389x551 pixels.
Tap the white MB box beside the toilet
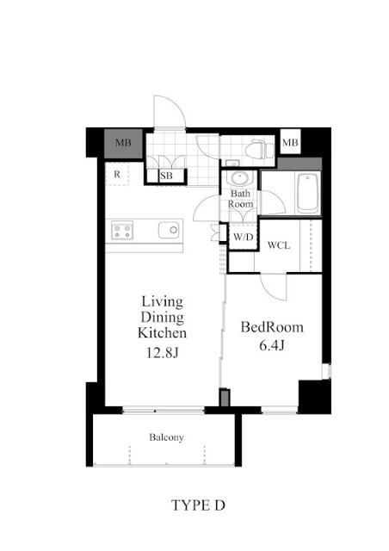coord(290,142)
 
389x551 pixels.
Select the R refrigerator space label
coord(117,175)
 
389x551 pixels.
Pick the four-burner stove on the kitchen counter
coord(121,231)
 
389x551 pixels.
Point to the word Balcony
coord(166,437)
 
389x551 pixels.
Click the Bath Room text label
coord(240,199)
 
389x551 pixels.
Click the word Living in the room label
coord(162,301)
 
